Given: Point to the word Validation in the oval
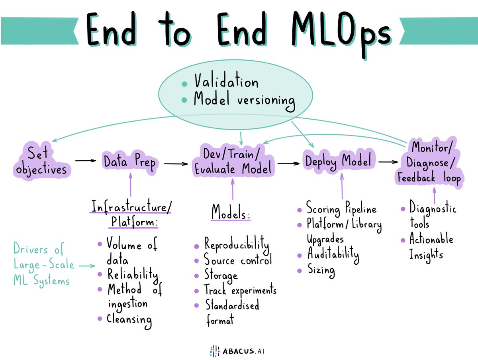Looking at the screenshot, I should coord(226,83).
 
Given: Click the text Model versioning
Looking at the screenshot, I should coord(244,100).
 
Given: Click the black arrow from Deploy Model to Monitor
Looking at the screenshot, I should coord(388,162).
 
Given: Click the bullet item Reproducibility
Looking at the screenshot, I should coord(237,244).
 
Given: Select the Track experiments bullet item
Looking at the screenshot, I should coord(240,290).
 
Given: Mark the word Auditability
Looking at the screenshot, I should coord(333,254).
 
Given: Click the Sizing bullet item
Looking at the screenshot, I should coord(321,271).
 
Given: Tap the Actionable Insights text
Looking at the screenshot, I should coord(431,247).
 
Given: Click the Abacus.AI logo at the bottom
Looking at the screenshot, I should coord(239,351).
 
